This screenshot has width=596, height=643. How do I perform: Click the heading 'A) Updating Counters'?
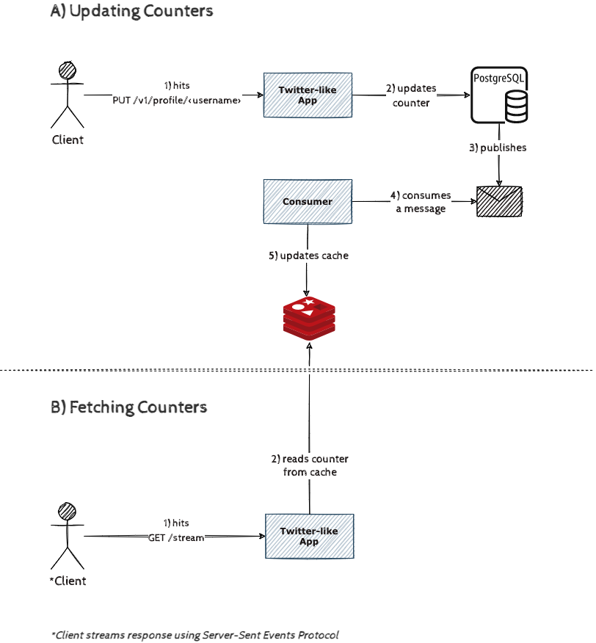point(132,11)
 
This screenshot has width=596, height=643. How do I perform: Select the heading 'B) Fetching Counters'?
point(128,407)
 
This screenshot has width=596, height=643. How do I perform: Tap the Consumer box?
point(308,201)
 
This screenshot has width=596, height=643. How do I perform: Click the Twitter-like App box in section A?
point(308,95)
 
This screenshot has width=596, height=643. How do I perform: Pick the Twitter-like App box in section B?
point(308,536)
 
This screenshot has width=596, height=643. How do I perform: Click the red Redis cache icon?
point(309,317)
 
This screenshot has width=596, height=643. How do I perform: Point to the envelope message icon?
point(499,200)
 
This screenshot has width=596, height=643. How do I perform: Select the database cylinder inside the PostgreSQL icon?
point(516,107)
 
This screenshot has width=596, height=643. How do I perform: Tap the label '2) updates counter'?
point(411,95)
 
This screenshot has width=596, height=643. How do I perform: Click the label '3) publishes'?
point(498,148)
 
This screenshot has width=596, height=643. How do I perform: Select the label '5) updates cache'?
point(308,255)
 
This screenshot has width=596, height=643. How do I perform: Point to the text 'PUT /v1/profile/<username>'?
point(177,101)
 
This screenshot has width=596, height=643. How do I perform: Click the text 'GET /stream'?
point(176,537)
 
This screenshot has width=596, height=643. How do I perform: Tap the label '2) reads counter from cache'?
point(310,465)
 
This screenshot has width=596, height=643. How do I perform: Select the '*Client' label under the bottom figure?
point(68,581)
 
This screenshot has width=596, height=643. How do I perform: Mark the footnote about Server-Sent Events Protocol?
point(195,634)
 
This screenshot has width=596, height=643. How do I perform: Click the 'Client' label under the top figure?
point(68,139)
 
